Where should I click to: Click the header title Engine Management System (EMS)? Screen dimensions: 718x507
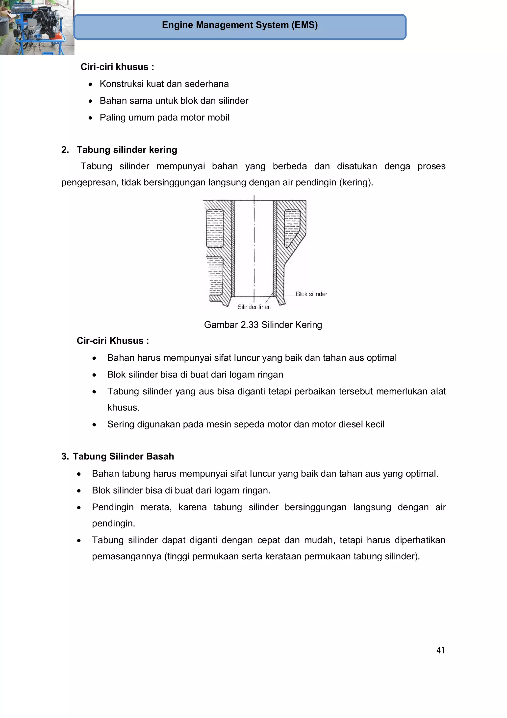coord(240,25)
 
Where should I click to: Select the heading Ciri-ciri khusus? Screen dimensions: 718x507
coord(117,67)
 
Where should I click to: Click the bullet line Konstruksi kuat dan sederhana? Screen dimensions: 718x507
coord(164,84)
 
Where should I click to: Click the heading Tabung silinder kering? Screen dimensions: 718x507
coord(127,150)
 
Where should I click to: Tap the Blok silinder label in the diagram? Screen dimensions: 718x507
coord(311,294)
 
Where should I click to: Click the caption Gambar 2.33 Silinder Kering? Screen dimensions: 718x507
coord(263,325)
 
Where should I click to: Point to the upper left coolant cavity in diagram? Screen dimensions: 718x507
coord(215,228)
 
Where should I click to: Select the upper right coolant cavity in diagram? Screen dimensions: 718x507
coord(292,227)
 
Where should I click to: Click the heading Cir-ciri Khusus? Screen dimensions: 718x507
coord(113,341)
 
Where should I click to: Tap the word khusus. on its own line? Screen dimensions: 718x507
coord(123,407)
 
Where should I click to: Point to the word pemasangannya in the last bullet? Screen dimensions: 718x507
coord(127,556)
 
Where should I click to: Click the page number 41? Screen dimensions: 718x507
coord(440,650)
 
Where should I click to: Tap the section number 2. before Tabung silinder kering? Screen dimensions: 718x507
coord(65,150)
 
